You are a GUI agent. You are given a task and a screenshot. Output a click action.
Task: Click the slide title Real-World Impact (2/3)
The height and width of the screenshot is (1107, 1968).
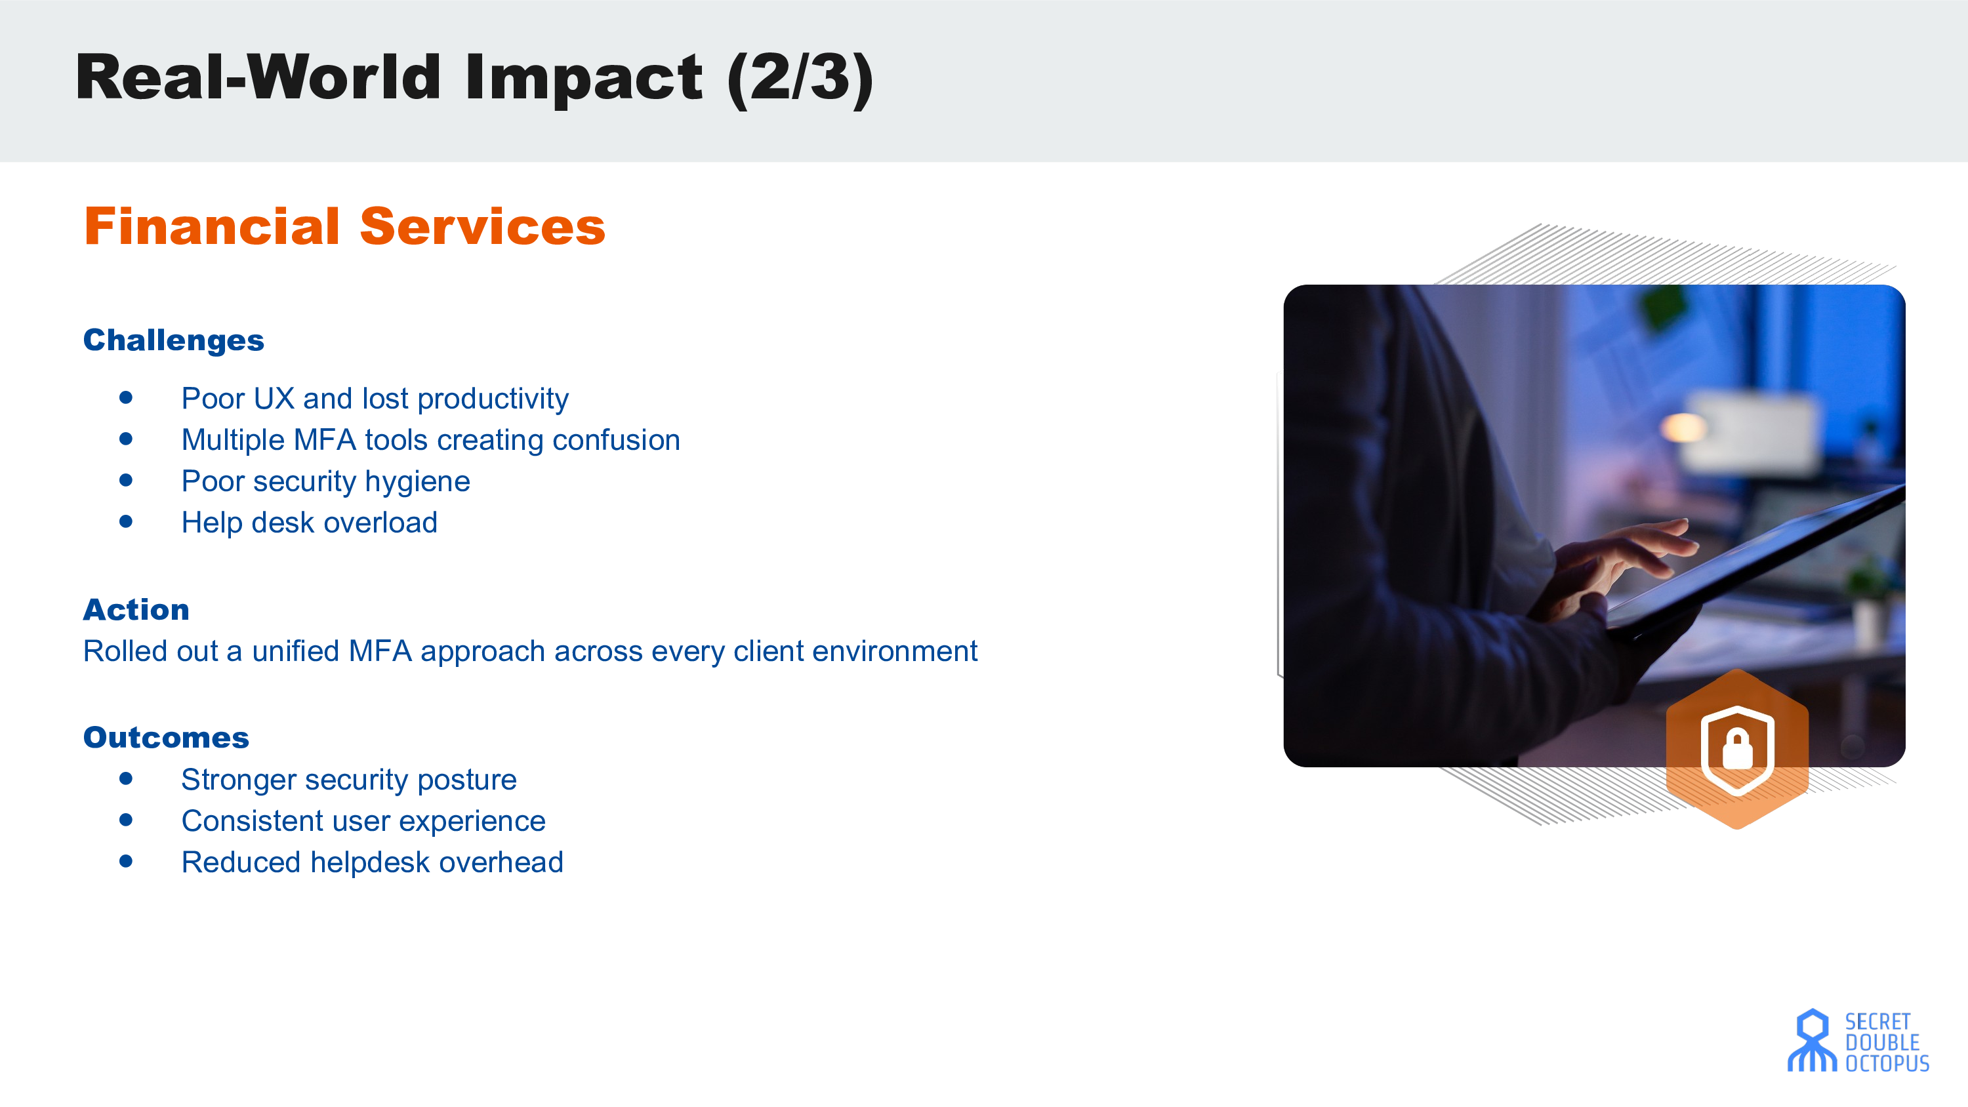(x=474, y=78)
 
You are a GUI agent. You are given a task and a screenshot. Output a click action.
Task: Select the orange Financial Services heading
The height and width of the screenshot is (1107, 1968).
(x=344, y=226)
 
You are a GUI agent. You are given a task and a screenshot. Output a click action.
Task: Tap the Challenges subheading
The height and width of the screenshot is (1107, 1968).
(x=173, y=340)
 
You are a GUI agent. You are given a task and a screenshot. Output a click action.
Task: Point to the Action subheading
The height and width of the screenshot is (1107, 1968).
(x=136, y=610)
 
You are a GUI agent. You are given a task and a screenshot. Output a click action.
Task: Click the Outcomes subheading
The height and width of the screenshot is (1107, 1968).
(x=166, y=737)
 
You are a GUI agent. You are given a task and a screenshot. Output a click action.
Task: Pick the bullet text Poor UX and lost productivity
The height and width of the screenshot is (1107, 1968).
(x=375, y=399)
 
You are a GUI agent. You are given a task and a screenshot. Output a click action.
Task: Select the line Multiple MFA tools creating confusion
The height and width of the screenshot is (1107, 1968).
(x=430, y=440)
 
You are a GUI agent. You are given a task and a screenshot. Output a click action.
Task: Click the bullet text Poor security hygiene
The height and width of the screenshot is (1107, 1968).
(x=325, y=481)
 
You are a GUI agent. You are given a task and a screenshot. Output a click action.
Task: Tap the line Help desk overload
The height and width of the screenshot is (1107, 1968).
(x=310, y=523)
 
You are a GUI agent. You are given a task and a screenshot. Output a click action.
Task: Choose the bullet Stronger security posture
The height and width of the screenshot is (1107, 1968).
(x=349, y=779)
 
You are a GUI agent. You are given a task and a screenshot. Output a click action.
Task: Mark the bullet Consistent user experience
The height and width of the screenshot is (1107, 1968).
(x=363, y=820)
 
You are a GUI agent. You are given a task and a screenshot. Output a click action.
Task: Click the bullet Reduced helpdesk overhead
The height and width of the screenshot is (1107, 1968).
(x=372, y=862)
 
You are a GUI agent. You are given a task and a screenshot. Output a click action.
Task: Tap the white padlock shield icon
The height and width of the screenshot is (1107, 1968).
(x=1737, y=750)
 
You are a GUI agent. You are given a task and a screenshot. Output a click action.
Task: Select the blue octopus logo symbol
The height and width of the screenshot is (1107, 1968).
(x=1811, y=1041)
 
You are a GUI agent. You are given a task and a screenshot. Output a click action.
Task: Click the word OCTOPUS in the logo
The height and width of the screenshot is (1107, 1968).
(x=1887, y=1064)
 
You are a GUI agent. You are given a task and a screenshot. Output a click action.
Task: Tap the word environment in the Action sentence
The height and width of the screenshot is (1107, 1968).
(x=895, y=651)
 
